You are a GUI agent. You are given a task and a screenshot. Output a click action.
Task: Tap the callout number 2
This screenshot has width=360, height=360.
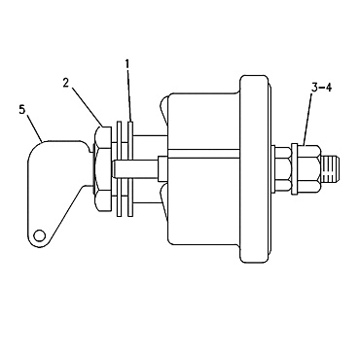67,85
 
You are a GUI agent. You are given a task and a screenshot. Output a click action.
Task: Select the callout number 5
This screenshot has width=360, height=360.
20,111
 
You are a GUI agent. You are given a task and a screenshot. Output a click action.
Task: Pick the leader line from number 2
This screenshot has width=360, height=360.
86,105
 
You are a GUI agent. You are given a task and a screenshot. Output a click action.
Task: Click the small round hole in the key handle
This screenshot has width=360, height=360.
38,234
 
